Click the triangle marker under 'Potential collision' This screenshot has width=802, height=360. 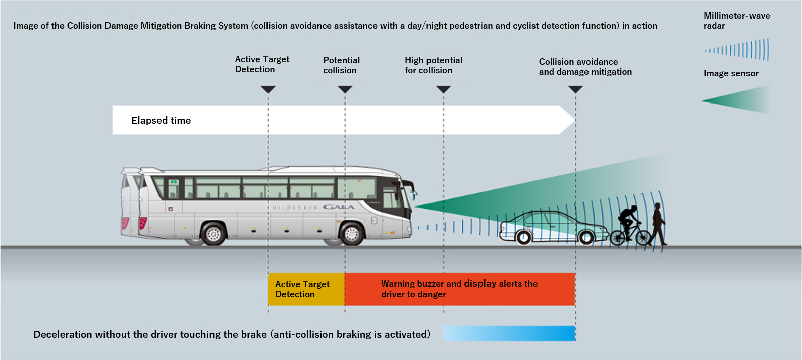point(345,89)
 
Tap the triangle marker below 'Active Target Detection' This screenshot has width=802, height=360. point(268,89)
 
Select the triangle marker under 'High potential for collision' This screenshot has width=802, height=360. point(443,89)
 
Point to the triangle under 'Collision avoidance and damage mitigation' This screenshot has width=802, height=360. point(575,89)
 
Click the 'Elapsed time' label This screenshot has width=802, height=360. point(161,120)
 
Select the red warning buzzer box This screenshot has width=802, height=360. point(459,289)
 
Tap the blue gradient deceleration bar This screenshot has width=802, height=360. point(509,333)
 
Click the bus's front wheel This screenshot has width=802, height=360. point(352,234)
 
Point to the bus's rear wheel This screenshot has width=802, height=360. point(213,234)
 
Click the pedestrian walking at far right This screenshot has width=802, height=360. point(658,224)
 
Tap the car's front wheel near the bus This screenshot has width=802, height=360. point(523,236)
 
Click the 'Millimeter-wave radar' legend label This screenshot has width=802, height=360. point(736,21)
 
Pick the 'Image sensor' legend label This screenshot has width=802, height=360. point(731,73)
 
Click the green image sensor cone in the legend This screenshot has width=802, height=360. point(742,100)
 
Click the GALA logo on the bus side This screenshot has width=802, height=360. point(339,207)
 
